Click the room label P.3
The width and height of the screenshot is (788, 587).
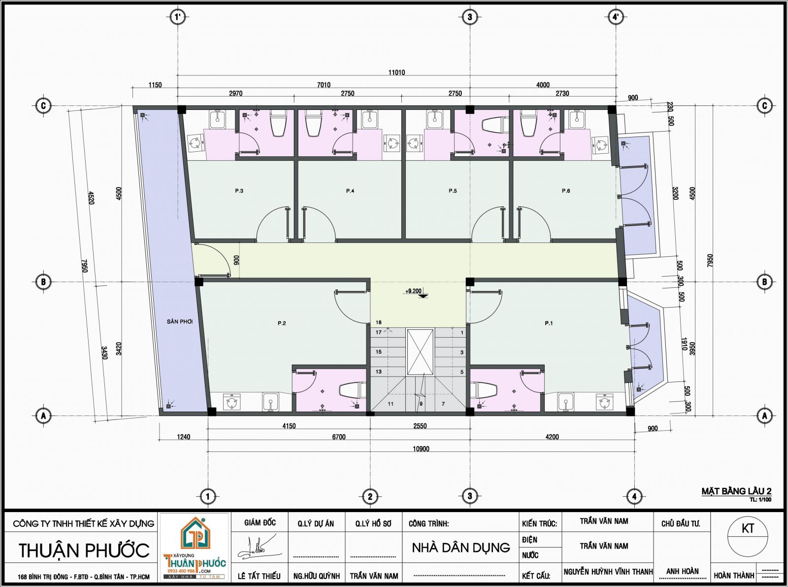coord(239,191)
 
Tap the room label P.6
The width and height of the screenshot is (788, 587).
coord(566,191)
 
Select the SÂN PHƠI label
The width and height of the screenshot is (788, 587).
coord(180,321)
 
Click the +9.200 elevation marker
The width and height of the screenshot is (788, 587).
coord(414,291)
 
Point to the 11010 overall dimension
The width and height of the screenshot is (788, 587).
coord(396,72)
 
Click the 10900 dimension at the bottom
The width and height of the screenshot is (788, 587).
coord(421,449)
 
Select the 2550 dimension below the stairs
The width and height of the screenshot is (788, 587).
coord(420,426)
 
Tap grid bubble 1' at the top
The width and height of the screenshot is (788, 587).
coord(177,17)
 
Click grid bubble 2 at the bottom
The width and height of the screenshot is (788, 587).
coord(370,496)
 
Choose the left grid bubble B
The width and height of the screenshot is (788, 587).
coord(43,282)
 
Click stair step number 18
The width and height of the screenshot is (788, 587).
coord(379,322)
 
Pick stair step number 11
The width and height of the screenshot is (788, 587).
coord(391,404)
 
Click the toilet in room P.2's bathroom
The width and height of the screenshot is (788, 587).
coord(353,390)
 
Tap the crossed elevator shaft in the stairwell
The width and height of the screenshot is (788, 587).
coord(420,352)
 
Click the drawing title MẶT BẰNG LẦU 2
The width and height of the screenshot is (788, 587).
coord(736,491)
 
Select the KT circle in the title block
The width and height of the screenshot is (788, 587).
coord(748,529)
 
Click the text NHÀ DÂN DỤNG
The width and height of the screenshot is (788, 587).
coord(461,548)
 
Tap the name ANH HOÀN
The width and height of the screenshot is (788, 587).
coord(683,571)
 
